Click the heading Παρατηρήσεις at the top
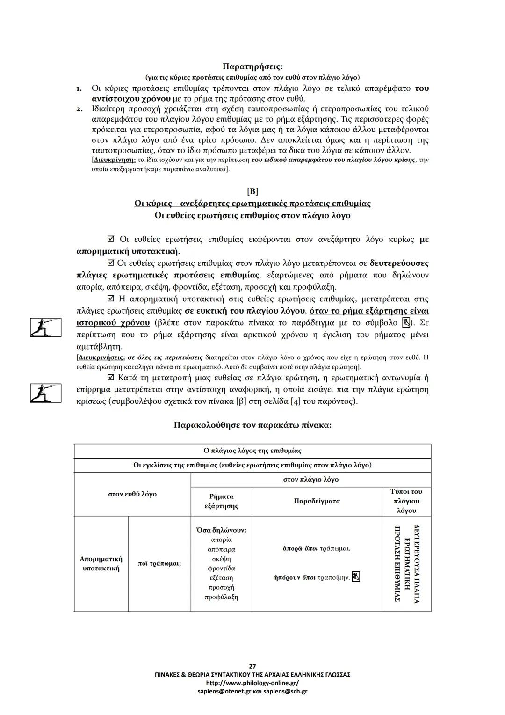[252, 66]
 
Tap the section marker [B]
[252, 191]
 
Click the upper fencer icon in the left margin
[45, 327]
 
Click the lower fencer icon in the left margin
[45, 393]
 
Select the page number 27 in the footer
[252, 666]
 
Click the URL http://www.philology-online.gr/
[252, 683]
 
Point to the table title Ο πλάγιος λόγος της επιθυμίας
[252, 451]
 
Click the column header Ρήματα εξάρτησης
[221, 501]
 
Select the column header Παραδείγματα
[317, 501]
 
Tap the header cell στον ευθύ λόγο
[132, 494]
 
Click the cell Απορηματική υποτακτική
[101, 563]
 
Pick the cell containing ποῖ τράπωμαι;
[159, 563]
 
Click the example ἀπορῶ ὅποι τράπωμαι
[317, 548]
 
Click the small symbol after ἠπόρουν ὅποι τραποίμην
[356, 577]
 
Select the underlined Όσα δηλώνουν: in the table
[221, 530]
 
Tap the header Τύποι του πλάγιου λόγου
[406, 501]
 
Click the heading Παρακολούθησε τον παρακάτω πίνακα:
[252, 425]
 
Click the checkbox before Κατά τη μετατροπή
[111, 378]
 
